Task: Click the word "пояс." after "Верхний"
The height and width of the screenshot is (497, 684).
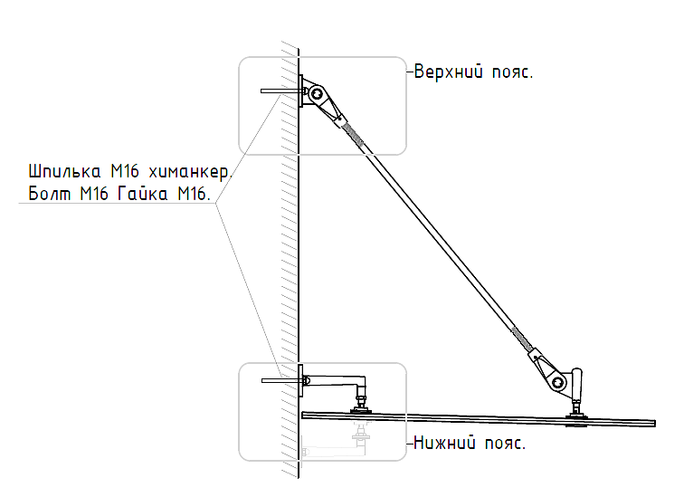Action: pyautogui.click(x=512, y=72)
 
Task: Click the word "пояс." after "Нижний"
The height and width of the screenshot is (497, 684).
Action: pyautogui.click(x=503, y=444)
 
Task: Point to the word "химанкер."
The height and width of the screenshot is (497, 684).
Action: pyautogui.click(x=191, y=171)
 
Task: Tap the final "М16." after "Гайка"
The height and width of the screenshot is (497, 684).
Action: pyautogui.click(x=192, y=194)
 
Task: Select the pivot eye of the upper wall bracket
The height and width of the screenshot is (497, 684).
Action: pyautogui.click(x=315, y=92)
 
